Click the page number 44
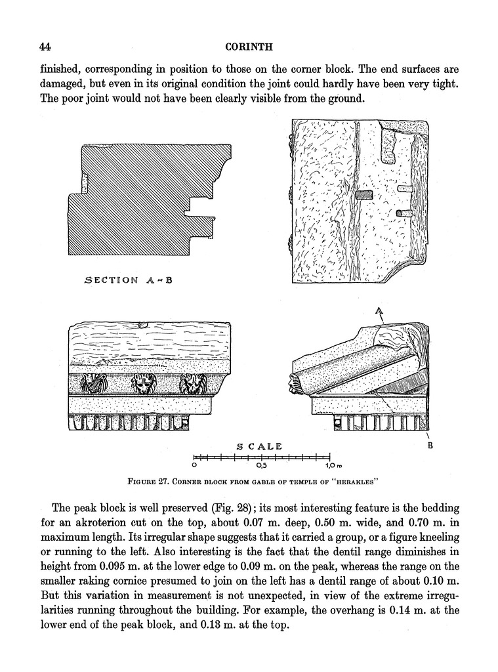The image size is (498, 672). click(45, 47)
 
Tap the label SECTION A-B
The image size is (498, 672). click(129, 280)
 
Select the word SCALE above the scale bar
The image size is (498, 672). click(259, 446)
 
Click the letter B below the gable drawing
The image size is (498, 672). click(431, 446)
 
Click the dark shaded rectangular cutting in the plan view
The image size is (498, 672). click(362, 195)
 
